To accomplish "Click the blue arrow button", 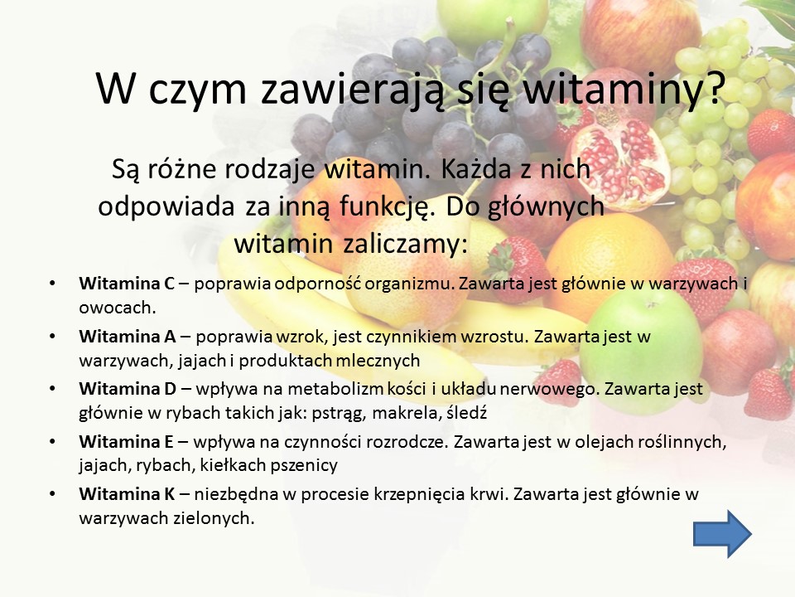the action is [722, 534].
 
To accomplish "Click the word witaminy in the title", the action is [623, 89].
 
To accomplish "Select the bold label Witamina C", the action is [127, 284].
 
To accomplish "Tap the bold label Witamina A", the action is [128, 336].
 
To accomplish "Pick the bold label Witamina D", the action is [128, 388].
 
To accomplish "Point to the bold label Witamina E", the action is [126, 442].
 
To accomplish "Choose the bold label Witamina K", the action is [127, 494].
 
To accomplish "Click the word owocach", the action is [117, 308].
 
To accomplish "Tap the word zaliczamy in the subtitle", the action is [405, 244].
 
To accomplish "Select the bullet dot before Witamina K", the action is [52, 494].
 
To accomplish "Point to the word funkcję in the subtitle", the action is [388, 207].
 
